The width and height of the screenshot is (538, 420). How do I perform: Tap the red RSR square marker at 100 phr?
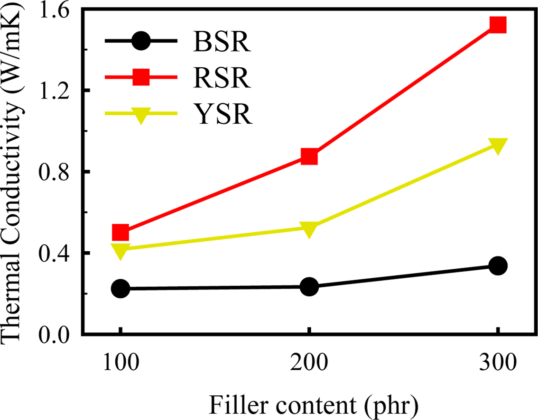[x=121, y=233]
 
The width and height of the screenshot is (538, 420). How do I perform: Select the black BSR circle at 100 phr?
[x=121, y=288]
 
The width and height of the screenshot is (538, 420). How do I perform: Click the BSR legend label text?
[x=221, y=42]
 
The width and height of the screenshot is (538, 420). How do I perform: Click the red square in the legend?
[x=141, y=77]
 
